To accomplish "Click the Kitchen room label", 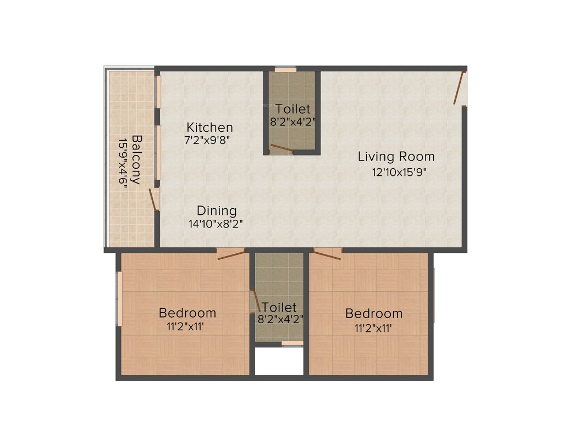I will coord(209,127).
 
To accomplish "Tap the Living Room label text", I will coord(396,157).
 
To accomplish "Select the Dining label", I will coord(217,210).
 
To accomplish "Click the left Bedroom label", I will coord(187,313).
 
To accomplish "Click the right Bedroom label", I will coord(373,314).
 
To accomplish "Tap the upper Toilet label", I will coord(293,109).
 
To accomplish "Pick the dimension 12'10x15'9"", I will coord(399,171).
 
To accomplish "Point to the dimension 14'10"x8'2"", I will coord(216,224).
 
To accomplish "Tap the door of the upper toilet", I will coord(281,148).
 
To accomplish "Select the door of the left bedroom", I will coord(230,253).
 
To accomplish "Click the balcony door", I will coord(153,199).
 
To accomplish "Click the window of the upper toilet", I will coord(285,70).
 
